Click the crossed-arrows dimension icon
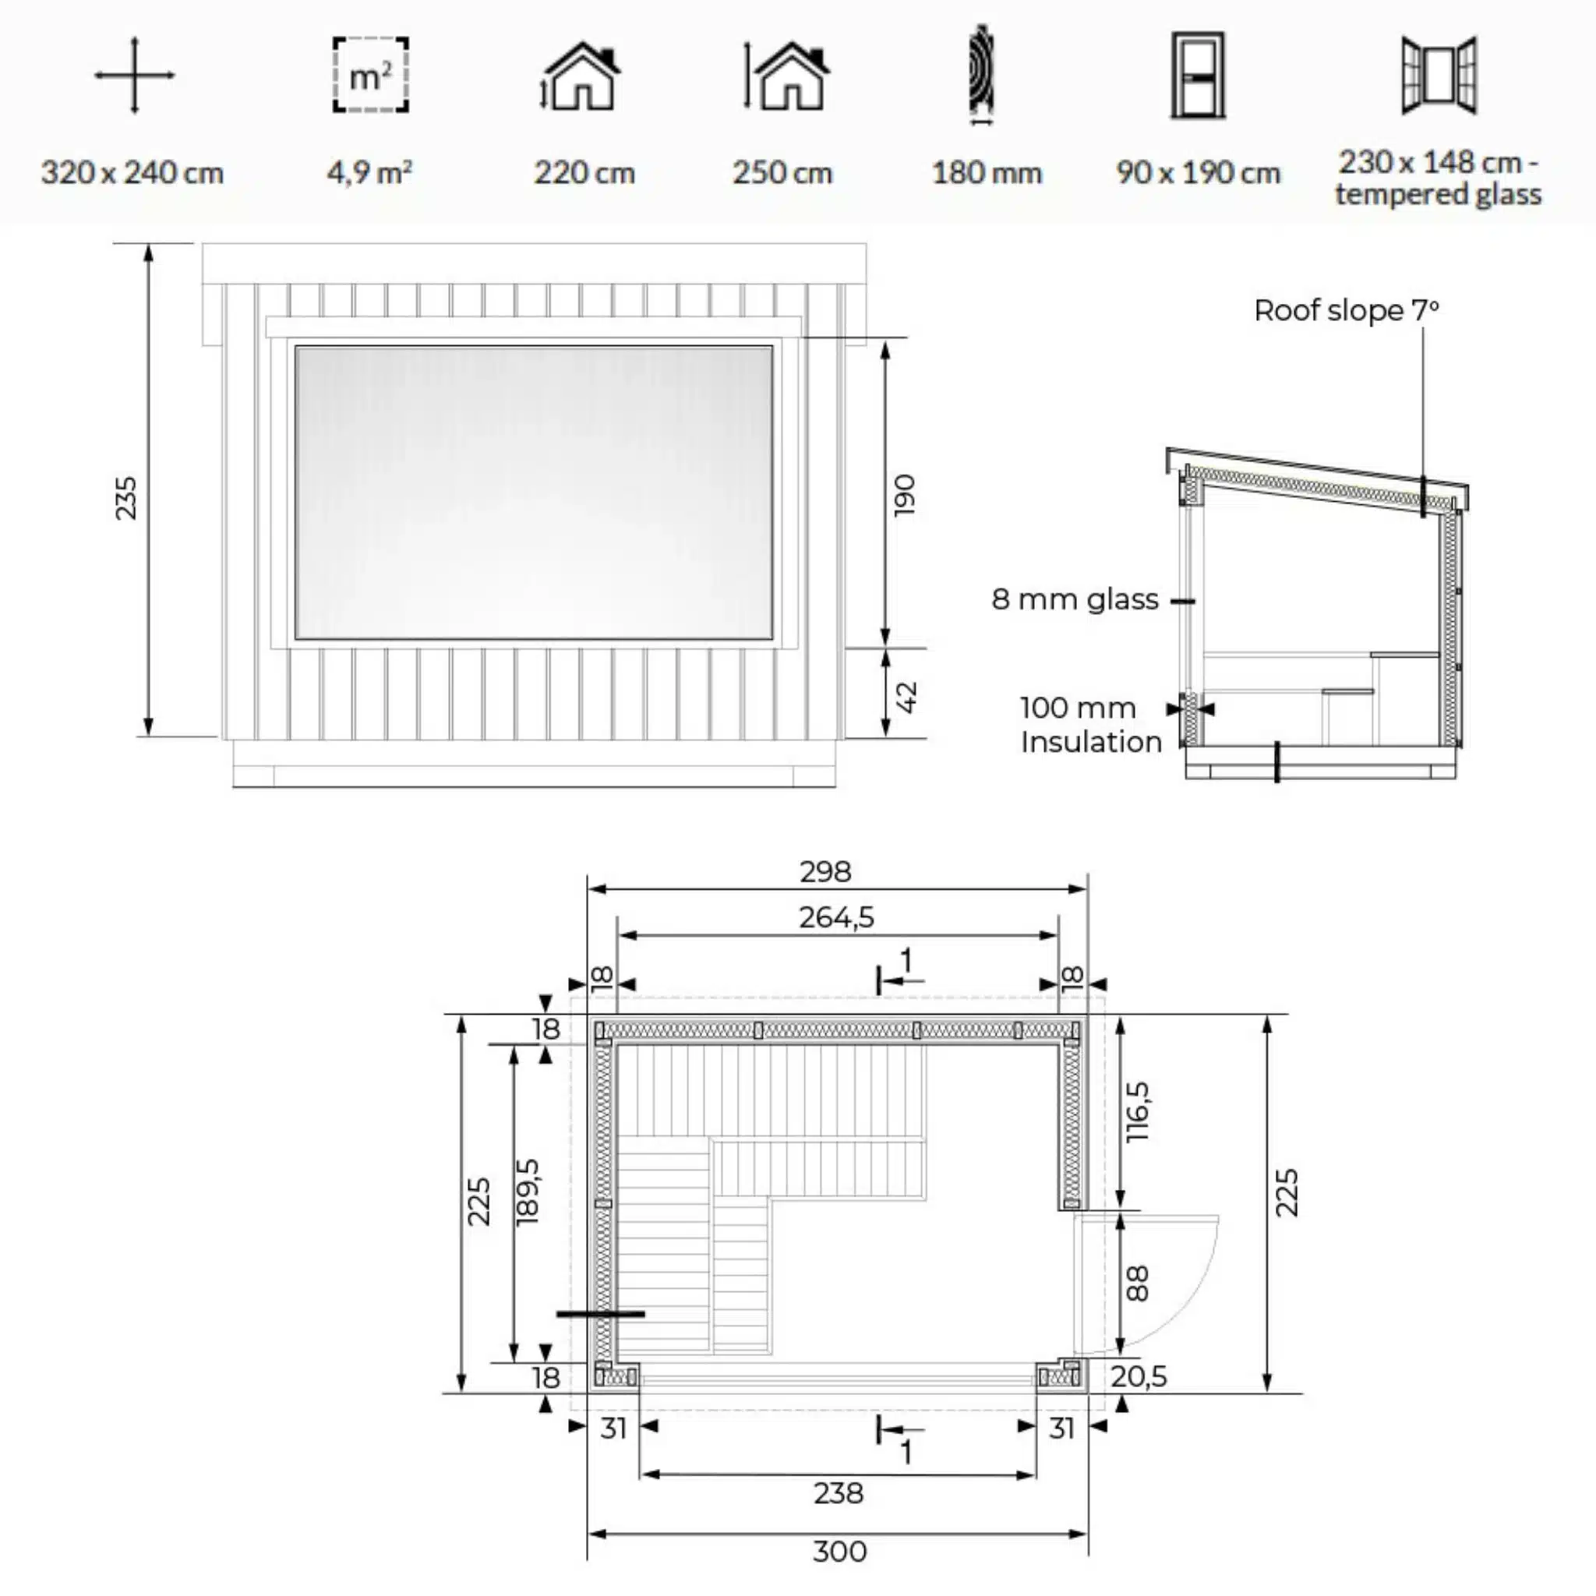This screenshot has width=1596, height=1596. click(x=134, y=75)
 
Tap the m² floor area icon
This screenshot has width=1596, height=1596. click(x=370, y=75)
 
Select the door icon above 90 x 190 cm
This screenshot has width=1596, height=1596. click(x=1197, y=75)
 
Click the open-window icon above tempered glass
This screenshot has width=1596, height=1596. click(x=1439, y=75)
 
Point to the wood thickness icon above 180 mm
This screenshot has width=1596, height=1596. click(x=981, y=75)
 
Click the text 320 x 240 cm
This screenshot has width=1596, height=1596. click(x=132, y=174)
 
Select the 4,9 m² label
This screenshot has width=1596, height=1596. click(x=369, y=173)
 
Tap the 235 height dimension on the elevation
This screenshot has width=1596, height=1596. click(x=126, y=497)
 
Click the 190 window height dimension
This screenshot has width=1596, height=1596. click(x=906, y=494)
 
